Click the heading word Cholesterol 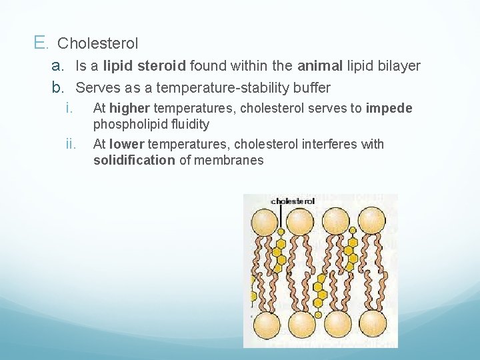click(x=98, y=44)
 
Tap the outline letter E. click(x=40, y=43)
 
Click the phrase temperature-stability click(x=231, y=87)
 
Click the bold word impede click(x=389, y=108)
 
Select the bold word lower click(x=127, y=144)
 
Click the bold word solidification click(x=135, y=160)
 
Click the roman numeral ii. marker click(x=72, y=144)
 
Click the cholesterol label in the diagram click(x=293, y=201)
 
